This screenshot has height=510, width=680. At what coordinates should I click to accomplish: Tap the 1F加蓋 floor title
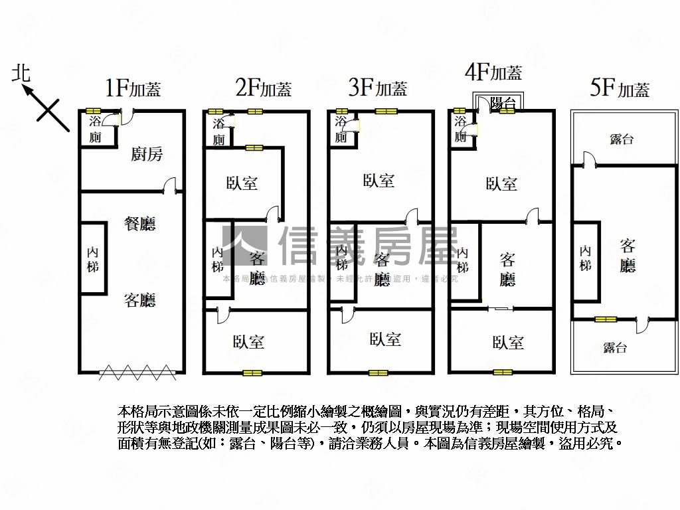[133, 88]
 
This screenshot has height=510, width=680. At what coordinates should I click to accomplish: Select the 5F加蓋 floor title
[620, 88]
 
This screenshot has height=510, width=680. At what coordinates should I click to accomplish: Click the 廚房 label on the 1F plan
[147, 155]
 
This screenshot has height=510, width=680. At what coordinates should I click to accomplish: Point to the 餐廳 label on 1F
[140, 224]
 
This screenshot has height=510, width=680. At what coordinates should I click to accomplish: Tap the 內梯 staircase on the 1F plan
[92, 258]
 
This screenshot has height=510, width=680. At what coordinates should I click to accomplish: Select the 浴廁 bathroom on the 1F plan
[96, 129]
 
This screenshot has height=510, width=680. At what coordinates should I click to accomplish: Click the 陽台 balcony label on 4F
[503, 103]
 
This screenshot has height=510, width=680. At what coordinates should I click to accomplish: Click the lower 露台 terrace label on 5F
[614, 347]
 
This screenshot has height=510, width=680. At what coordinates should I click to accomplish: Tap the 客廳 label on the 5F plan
[628, 256]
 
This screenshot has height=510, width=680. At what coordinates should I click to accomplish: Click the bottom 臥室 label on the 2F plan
[249, 342]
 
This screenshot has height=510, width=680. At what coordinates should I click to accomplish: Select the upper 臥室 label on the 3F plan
[379, 181]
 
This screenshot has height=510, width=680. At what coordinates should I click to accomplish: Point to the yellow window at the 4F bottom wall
[503, 372]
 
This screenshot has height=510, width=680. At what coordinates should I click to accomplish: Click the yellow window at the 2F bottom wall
[252, 373]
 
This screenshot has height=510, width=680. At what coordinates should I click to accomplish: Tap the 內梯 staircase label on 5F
[585, 258]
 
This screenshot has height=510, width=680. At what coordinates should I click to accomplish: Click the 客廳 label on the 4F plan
[507, 269]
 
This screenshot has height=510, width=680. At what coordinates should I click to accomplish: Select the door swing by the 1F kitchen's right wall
[172, 185]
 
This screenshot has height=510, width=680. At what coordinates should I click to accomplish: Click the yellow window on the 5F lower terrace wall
[605, 319]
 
